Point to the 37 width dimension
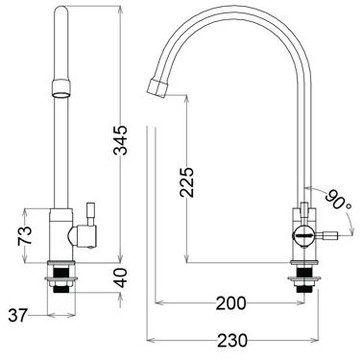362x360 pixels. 18,314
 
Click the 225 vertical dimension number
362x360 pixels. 188,180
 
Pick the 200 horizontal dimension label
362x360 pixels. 229,303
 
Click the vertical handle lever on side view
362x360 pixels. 305,205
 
